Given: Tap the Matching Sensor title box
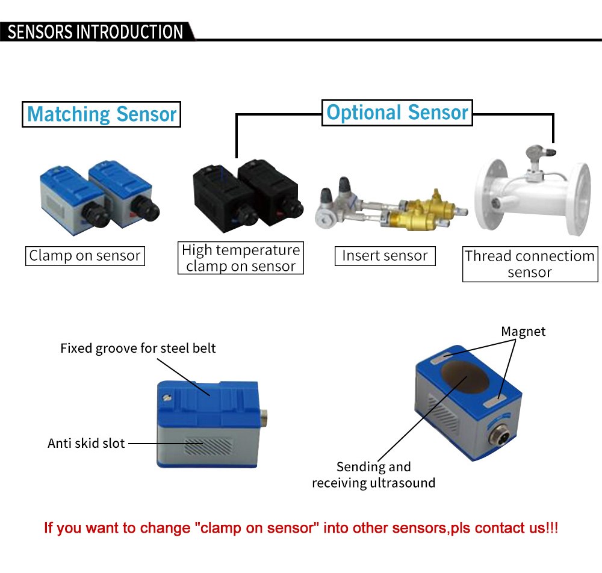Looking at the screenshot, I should click(102, 114).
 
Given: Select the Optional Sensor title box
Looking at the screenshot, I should click(397, 113).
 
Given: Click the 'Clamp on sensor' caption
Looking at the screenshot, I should click(85, 256).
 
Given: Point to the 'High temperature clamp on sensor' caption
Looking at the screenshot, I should click(240, 258).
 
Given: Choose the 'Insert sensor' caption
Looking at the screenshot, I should click(385, 255).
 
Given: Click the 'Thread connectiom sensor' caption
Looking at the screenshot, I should click(529, 264).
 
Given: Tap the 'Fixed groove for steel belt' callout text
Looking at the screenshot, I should click(138, 348).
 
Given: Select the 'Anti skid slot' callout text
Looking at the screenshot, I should click(86, 444).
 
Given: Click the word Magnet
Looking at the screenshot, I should click(523, 331).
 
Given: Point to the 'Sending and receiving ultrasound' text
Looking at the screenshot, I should click(373, 474).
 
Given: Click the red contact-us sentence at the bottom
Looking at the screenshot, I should click(301, 528).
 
